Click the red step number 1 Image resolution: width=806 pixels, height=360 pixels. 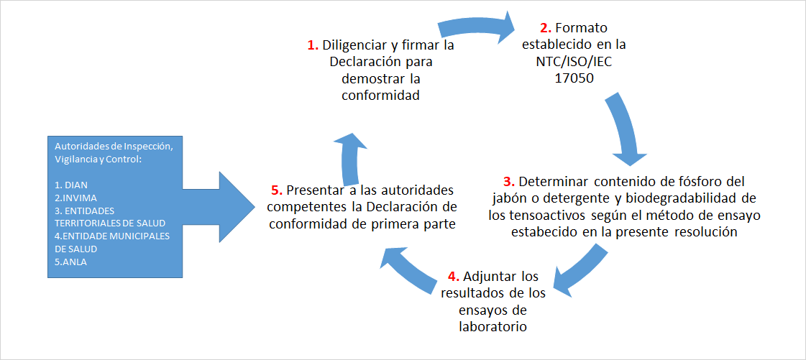tap(313, 45)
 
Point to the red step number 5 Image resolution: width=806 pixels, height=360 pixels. tap(275, 190)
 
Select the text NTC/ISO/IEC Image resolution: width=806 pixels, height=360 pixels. tap(574, 62)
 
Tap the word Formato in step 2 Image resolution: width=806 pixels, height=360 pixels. tap(581, 28)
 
